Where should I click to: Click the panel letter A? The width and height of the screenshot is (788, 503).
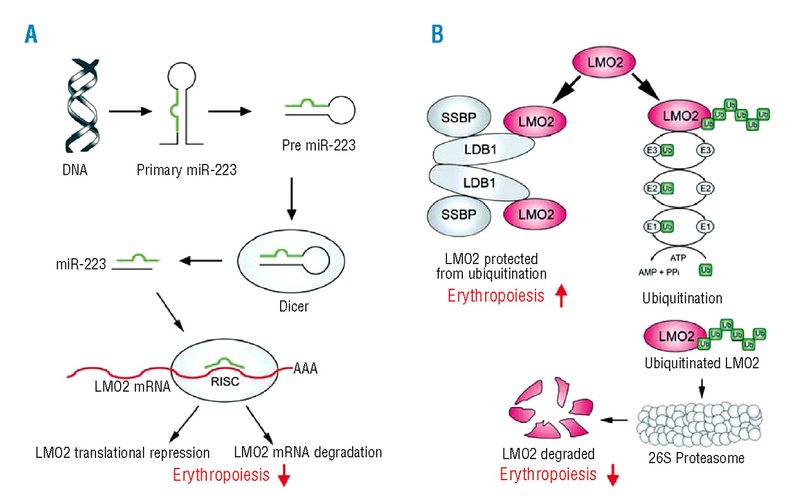pos(30,34)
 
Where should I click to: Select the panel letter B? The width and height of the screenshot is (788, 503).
pos(436,34)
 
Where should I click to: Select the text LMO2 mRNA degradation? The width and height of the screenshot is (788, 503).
pos(308,453)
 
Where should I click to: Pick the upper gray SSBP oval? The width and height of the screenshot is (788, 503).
pos(457,118)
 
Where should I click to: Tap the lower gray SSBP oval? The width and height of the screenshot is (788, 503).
pos(457,216)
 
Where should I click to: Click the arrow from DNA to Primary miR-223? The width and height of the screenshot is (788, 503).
pos(129,112)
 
